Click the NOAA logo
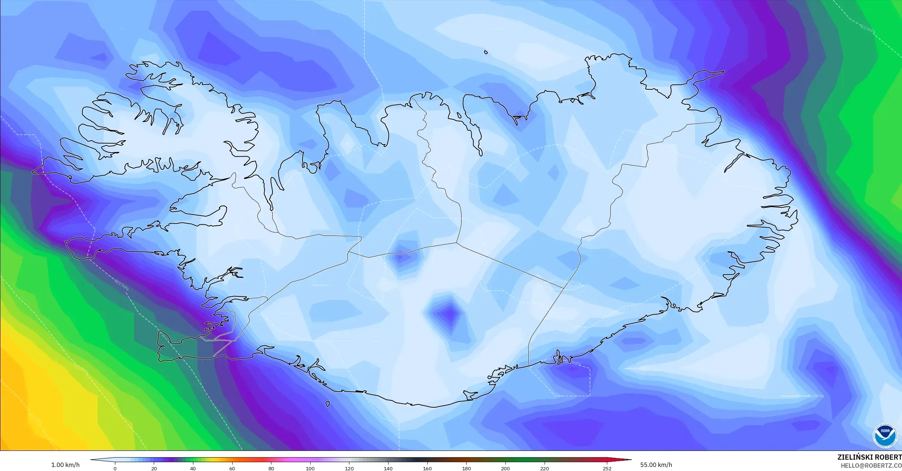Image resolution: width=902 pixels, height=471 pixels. pyautogui.click(x=885, y=435)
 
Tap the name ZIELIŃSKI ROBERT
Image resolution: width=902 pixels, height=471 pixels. pyautogui.click(x=869, y=457)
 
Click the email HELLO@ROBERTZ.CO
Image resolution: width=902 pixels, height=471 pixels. pyautogui.click(x=871, y=465)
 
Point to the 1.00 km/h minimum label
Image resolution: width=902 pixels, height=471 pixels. pyautogui.click(x=65, y=465)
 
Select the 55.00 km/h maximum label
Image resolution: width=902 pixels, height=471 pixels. pyautogui.click(x=656, y=465)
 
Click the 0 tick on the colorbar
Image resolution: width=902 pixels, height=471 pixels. pyautogui.click(x=115, y=468)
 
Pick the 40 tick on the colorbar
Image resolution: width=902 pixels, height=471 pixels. pyautogui.click(x=193, y=468)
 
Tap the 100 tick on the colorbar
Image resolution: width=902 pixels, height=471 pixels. pyautogui.click(x=310, y=468)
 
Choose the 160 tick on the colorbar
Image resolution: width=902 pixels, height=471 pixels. pyautogui.click(x=427, y=468)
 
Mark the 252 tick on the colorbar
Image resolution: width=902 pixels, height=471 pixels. pyautogui.click(x=607, y=468)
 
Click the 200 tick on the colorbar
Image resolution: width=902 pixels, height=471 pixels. pyautogui.click(x=505, y=468)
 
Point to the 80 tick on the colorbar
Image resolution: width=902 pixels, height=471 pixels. pyautogui.click(x=271, y=468)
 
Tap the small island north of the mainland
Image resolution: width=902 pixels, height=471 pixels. pyautogui.click(x=486, y=52)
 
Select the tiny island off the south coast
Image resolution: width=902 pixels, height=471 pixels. pyautogui.click(x=327, y=404)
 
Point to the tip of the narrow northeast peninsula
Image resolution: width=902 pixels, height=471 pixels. pyautogui.click(x=723, y=72)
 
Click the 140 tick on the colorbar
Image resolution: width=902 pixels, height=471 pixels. pyautogui.click(x=388, y=468)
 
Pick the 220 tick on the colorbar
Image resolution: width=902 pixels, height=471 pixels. pyautogui.click(x=545, y=468)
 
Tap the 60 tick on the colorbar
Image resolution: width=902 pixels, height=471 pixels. pyautogui.click(x=232, y=468)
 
